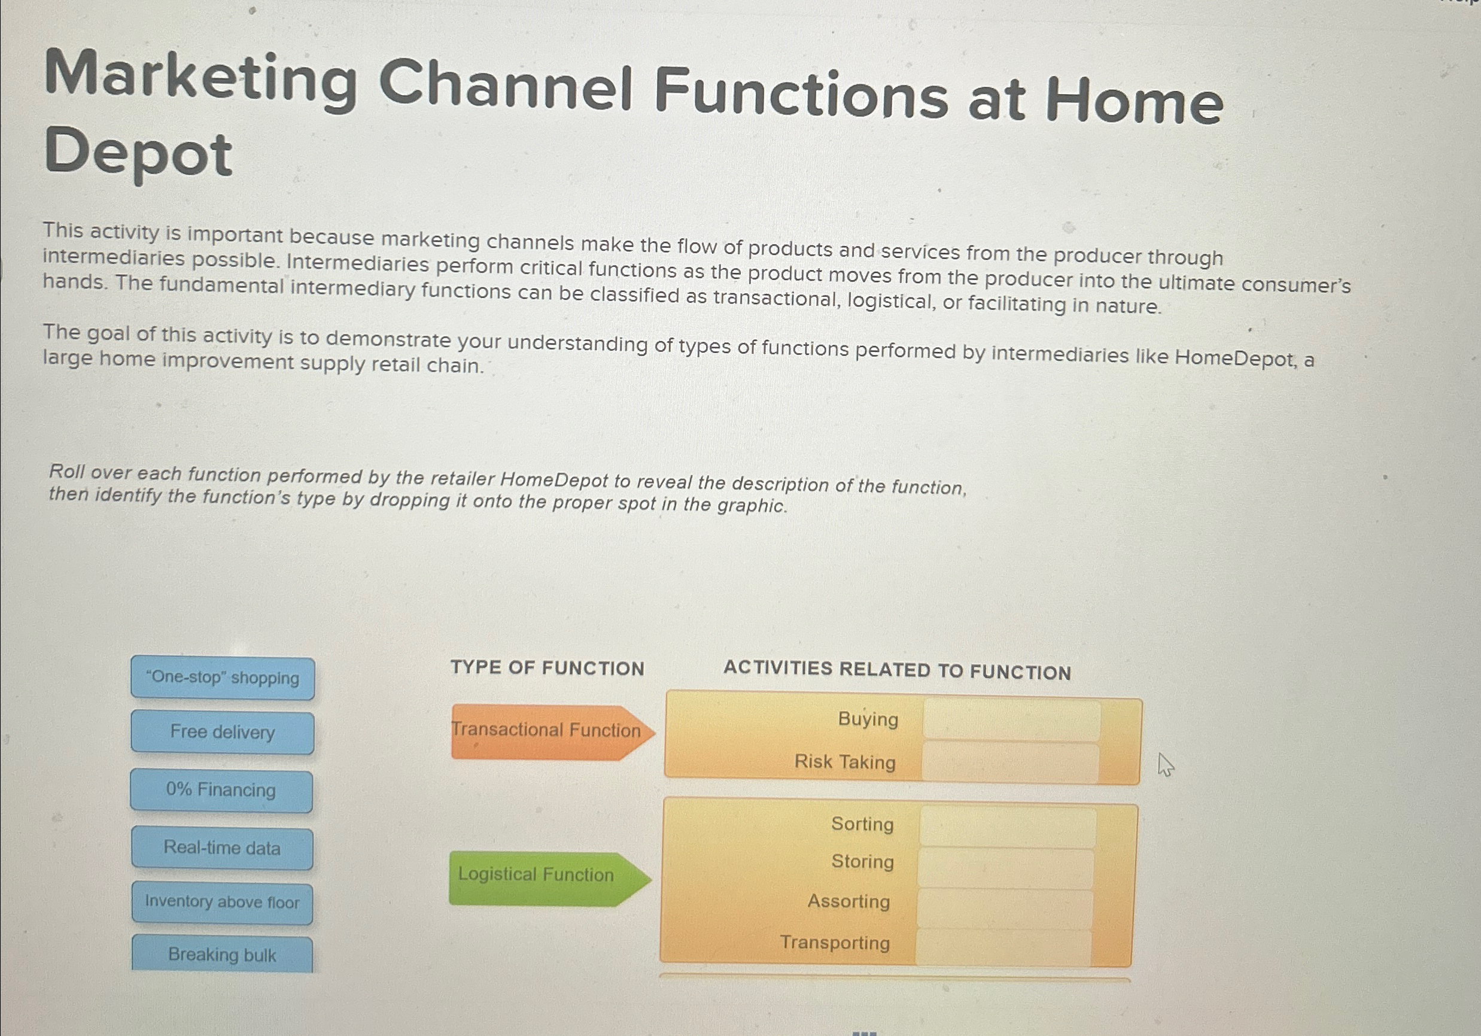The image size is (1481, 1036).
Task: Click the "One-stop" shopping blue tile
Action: tap(223, 678)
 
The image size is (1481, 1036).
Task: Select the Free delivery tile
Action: tap(223, 732)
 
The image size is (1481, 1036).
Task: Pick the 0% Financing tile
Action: tap(221, 790)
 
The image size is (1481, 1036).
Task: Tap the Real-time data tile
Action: tap(222, 847)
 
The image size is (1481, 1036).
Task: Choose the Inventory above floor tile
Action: tap(222, 902)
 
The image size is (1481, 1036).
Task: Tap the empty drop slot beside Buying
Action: tap(1011, 720)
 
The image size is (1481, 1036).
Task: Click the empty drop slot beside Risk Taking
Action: tap(1010, 762)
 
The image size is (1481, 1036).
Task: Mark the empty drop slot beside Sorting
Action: tap(1008, 827)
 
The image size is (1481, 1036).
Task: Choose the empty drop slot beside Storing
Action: tap(1006, 868)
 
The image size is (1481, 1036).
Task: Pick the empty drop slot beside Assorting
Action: tap(1004, 909)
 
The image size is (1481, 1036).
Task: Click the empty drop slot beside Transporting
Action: tap(1003, 947)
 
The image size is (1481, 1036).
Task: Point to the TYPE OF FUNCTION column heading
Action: tap(548, 668)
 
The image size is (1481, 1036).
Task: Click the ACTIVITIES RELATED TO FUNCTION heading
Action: tap(897, 670)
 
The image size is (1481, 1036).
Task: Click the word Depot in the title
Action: tap(139, 153)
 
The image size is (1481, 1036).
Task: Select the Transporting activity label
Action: tap(835, 943)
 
